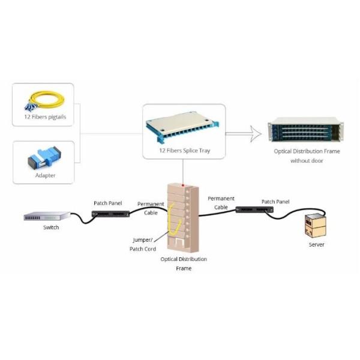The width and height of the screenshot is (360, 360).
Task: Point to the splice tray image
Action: (x=184, y=127)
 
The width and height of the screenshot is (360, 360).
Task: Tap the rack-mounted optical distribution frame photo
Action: (x=305, y=131)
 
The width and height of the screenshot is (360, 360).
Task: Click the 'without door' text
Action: (x=306, y=161)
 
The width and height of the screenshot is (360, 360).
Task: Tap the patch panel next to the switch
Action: (x=109, y=213)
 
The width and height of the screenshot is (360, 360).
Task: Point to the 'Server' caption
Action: (x=316, y=245)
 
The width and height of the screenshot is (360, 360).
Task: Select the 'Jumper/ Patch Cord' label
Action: (x=143, y=244)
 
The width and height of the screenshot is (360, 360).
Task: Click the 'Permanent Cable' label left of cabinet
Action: (x=151, y=208)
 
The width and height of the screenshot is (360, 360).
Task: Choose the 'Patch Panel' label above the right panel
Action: (x=275, y=202)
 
